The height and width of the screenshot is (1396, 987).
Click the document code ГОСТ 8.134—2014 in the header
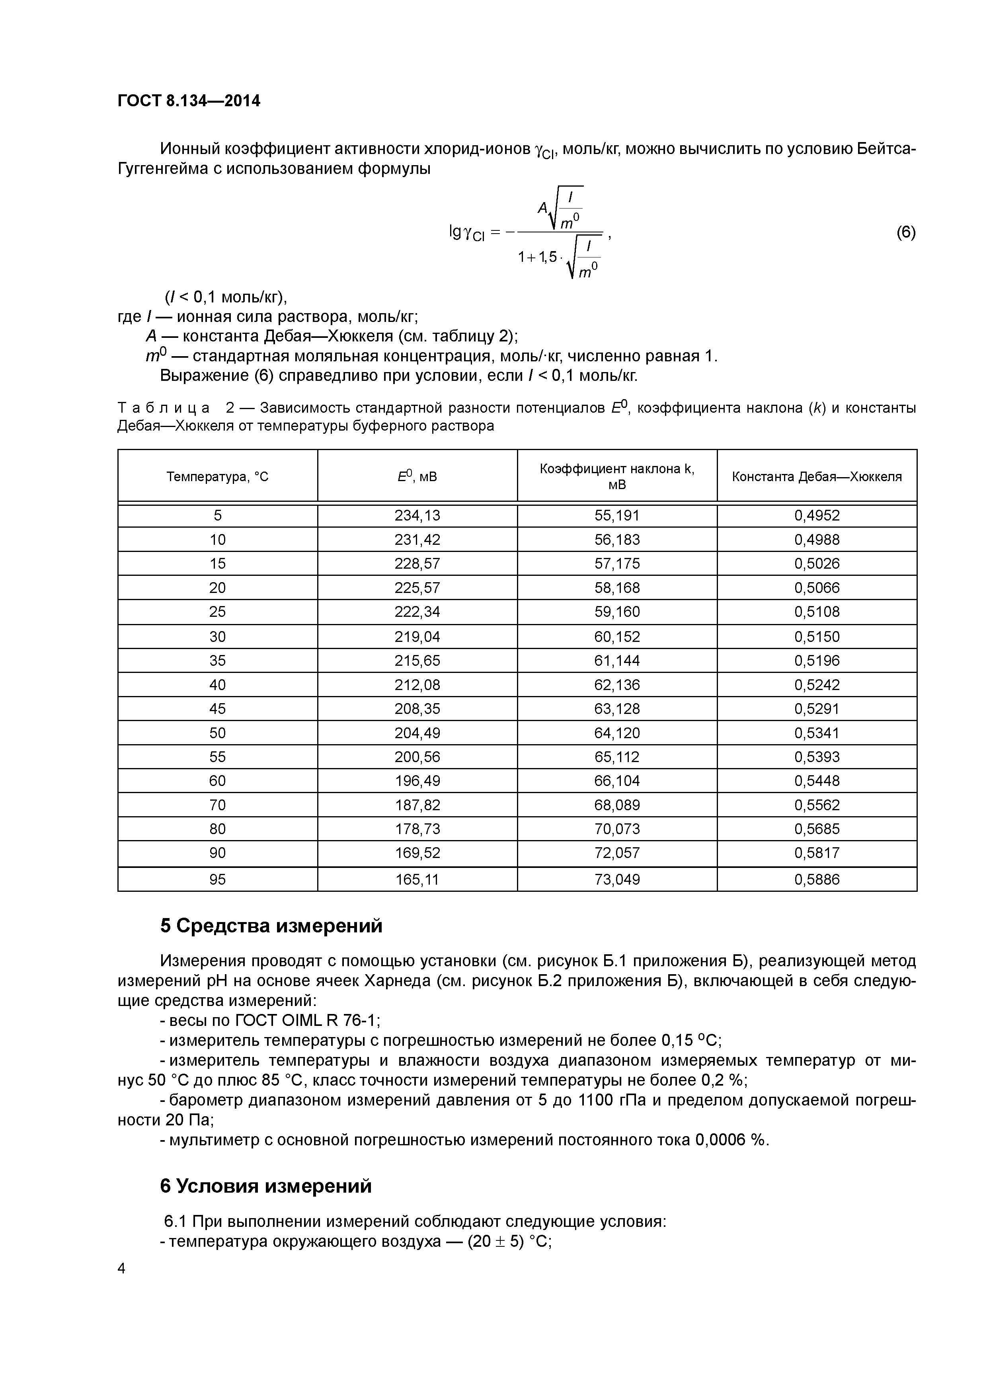189,101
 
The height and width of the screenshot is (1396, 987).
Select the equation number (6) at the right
905,232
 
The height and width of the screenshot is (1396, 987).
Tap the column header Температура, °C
217,477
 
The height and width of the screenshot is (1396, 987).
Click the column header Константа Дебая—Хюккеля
817,477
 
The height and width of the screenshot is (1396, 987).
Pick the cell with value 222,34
417,612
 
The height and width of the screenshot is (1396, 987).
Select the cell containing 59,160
617,612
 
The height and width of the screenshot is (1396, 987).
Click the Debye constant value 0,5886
817,879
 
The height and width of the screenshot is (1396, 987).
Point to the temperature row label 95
217,879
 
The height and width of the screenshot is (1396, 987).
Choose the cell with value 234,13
417,516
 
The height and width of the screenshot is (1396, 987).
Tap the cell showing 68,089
617,805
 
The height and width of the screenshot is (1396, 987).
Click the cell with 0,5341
817,733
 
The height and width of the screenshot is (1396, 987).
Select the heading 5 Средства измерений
271,926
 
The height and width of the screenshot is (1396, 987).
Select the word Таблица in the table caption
164,407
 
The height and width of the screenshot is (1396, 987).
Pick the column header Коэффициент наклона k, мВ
617,477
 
